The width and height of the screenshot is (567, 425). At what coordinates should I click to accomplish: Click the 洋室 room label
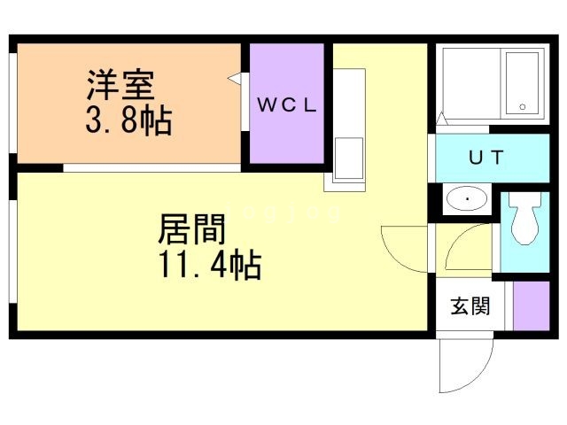coord(120,85)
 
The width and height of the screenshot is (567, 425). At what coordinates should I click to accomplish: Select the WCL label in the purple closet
coord(287,104)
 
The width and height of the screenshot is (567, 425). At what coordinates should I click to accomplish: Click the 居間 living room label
coord(191,229)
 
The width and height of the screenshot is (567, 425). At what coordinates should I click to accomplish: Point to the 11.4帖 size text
coord(210,264)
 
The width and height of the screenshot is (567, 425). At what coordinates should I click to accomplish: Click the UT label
coord(486,158)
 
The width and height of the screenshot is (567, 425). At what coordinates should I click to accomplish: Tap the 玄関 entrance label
coord(470,305)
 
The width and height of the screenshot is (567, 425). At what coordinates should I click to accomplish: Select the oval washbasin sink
coord(467,198)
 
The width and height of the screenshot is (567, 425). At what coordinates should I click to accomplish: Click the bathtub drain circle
coord(522,106)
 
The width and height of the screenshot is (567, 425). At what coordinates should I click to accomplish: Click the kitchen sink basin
coord(348,158)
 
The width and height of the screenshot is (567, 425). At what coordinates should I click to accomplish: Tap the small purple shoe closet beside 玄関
coord(532,306)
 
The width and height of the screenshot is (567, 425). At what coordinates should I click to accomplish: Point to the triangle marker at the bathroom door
coord(441,119)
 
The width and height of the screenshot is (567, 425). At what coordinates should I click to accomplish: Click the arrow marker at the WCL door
coord(234,78)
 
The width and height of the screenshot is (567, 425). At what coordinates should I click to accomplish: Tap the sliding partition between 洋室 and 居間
coord(151,168)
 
